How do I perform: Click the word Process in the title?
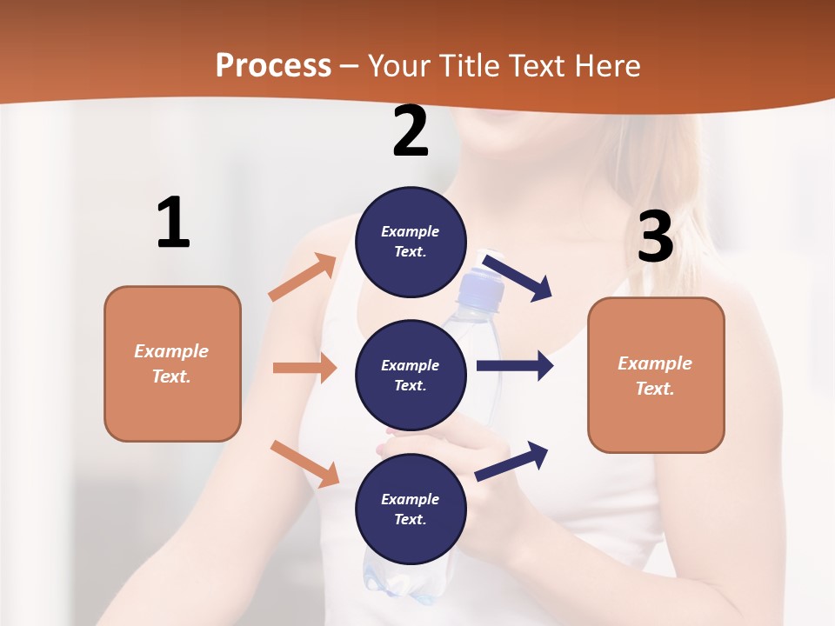273,66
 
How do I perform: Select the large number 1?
173,223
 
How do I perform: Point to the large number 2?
411,132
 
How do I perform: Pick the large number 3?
655,236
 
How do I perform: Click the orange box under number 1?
172,363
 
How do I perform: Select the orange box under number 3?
656,376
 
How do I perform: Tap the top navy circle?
411,242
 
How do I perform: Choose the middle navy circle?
411,376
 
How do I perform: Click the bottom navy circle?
411,509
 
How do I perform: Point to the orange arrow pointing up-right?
303,277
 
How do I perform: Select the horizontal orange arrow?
304,368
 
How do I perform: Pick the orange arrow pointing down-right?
304,463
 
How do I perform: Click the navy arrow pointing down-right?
517,276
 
